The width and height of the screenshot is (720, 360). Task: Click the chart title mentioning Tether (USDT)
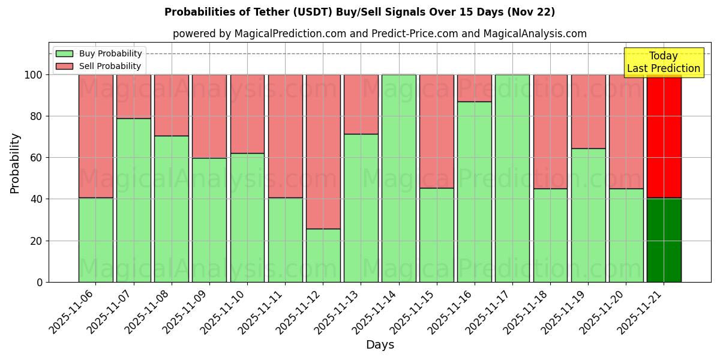click(x=359, y=12)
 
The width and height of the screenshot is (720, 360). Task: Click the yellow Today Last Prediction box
click(x=663, y=62)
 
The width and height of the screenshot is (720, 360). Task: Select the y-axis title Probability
click(x=15, y=163)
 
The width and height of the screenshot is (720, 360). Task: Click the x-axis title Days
click(x=380, y=345)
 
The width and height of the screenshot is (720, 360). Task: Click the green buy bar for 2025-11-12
click(x=323, y=255)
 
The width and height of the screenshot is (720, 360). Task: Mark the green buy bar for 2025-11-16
click(x=475, y=192)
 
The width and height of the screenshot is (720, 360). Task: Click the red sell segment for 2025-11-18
click(x=550, y=132)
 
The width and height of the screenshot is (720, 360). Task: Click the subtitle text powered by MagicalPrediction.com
click(x=379, y=34)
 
